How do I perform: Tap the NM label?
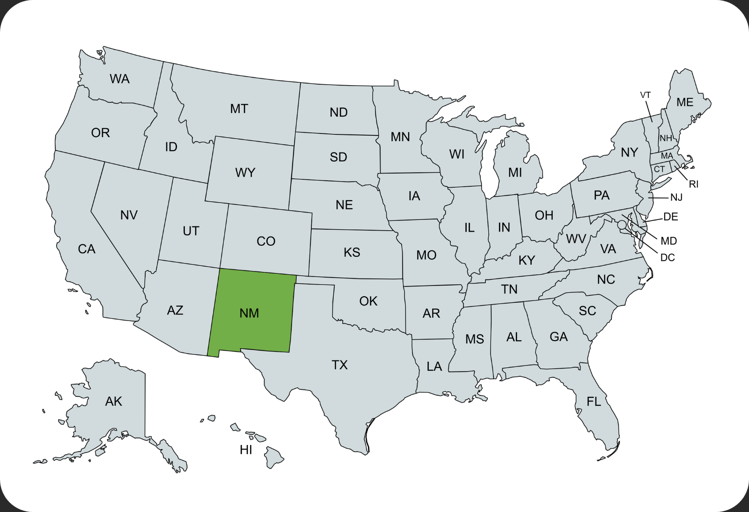tap(249, 313)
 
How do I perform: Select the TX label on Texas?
tap(339, 365)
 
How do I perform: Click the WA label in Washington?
tap(119, 79)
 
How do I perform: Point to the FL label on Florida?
tap(594, 402)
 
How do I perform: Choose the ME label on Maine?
tap(684, 102)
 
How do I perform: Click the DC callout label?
tap(668, 258)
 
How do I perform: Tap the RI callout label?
tap(693, 184)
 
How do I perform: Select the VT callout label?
tap(646, 95)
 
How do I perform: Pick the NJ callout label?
tap(676, 197)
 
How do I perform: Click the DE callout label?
tap(670, 217)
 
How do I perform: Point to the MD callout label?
tap(668, 241)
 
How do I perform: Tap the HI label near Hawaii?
tap(246, 450)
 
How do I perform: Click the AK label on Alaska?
tap(113, 402)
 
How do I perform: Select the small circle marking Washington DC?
tap(622, 225)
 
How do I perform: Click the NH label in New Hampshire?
tap(666, 138)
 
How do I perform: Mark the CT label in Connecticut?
tap(659, 169)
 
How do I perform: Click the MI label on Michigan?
tap(515, 173)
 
